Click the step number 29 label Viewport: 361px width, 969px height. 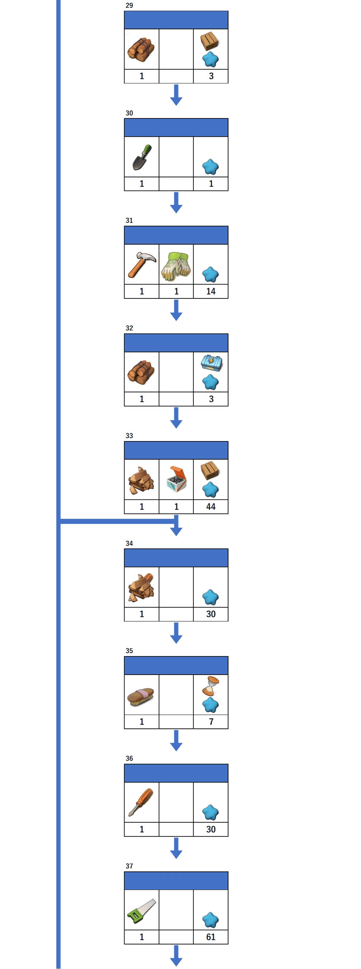pyautogui.click(x=129, y=5)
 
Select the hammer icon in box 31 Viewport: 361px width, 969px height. pyautogui.click(x=142, y=265)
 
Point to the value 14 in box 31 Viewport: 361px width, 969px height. pyautogui.click(x=211, y=291)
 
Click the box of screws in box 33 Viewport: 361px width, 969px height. pyautogui.click(x=176, y=479)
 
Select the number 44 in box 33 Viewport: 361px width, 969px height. pyautogui.click(x=211, y=507)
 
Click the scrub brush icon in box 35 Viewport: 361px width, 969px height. pyautogui.click(x=141, y=696)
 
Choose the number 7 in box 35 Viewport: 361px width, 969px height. pyautogui.click(x=211, y=722)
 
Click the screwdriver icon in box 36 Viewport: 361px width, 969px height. pyautogui.click(x=141, y=802)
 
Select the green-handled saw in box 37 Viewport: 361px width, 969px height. pyautogui.click(x=141, y=911)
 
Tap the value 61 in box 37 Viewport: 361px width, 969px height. pyautogui.click(x=211, y=937)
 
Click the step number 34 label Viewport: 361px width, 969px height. pyautogui.click(x=129, y=543)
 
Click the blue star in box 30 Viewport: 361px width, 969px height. pyautogui.click(x=210, y=167)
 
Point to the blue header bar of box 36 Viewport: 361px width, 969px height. pyautogui.click(x=176, y=773)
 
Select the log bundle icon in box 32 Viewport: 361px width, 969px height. pyautogui.click(x=141, y=372)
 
